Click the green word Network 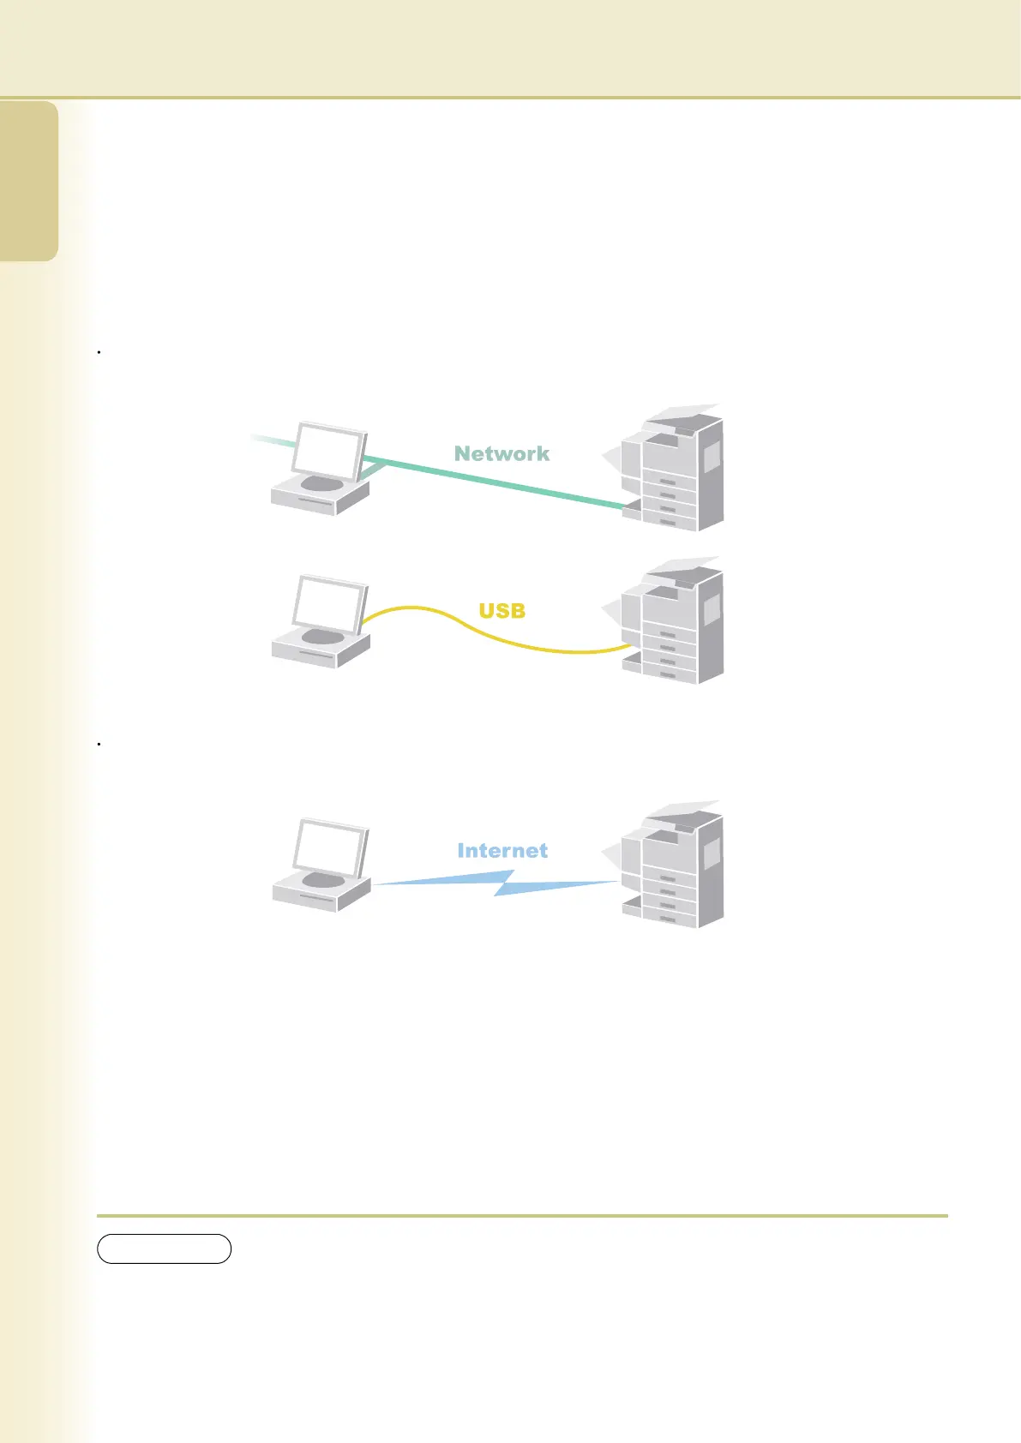[x=501, y=453]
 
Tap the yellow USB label [x=501, y=611]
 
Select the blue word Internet [x=502, y=850]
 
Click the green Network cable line [x=514, y=487]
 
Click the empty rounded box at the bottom [x=164, y=1248]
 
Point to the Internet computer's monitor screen [x=329, y=847]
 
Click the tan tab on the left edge [x=29, y=181]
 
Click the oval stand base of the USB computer [x=322, y=636]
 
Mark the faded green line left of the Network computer [x=270, y=440]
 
